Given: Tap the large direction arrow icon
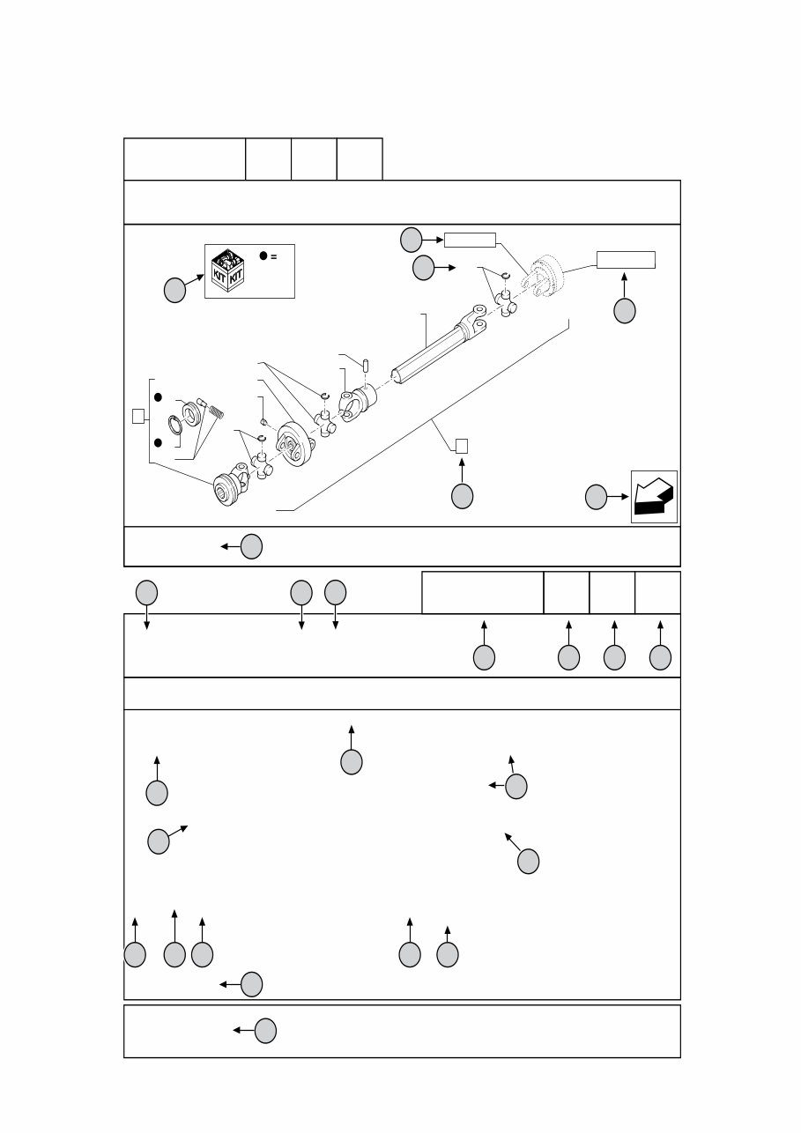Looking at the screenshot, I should pos(654,497).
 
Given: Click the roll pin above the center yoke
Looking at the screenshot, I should pos(366,364).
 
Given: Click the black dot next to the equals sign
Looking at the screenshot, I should pos(263,255).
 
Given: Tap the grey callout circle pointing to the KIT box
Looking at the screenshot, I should pos(174,291).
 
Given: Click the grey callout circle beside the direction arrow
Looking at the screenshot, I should pos(597,497).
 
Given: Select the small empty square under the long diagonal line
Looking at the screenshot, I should pos(462,446).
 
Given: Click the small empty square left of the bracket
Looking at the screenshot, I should pos(137,416).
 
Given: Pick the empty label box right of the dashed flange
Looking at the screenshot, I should pos(626,259).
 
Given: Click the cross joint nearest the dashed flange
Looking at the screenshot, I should pos(507,304).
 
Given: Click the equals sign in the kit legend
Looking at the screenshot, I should pos(274,256).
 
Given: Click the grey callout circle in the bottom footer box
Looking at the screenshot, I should pos(265,1030).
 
